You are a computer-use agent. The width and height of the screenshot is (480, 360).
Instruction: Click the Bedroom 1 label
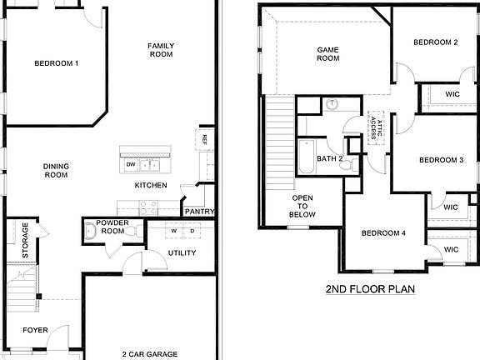click(x=57, y=63)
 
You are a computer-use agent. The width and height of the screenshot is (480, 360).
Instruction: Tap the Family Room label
click(x=160, y=50)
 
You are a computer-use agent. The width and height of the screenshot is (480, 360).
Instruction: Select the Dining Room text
click(x=55, y=171)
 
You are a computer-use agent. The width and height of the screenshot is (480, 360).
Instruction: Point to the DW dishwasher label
click(x=131, y=165)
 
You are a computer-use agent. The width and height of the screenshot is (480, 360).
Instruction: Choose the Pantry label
click(x=199, y=212)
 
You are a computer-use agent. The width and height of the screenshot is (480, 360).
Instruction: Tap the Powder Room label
click(x=112, y=227)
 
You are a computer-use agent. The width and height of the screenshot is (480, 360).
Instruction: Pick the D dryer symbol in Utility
click(x=192, y=231)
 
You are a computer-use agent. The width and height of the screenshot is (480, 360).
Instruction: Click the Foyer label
click(x=35, y=330)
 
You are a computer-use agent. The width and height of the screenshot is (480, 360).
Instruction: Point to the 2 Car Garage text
click(x=149, y=354)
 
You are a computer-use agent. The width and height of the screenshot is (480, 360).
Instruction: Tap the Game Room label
click(x=328, y=54)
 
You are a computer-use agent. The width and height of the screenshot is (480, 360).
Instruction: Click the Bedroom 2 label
click(x=437, y=42)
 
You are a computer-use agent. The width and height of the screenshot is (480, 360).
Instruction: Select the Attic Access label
click(x=376, y=129)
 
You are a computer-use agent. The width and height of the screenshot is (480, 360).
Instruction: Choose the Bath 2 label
click(x=329, y=158)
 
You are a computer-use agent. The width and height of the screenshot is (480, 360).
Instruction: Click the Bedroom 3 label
click(x=441, y=160)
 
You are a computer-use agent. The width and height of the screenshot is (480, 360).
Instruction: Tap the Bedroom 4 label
click(x=383, y=233)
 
